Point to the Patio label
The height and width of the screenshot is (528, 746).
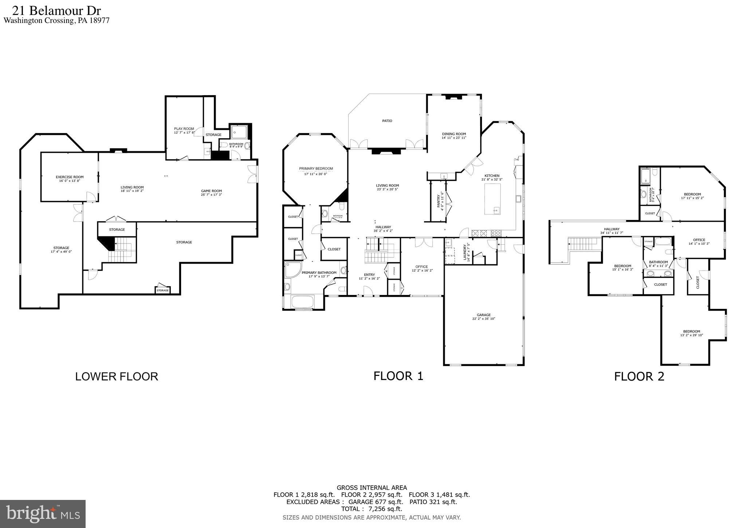pyautogui.click(x=387, y=121)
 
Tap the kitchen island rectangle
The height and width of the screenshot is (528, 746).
pyautogui.click(x=492, y=199)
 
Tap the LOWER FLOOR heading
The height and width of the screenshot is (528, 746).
pyautogui.click(x=117, y=377)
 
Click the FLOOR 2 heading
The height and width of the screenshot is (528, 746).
pyautogui.click(x=639, y=377)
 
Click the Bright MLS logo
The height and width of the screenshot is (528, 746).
pyautogui.click(x=43, y=514)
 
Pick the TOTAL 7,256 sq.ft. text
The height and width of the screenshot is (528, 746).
pyautogui.click(x=372, y=509)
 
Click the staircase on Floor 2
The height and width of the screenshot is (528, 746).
pyautogui.click(x=583, y=244)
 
